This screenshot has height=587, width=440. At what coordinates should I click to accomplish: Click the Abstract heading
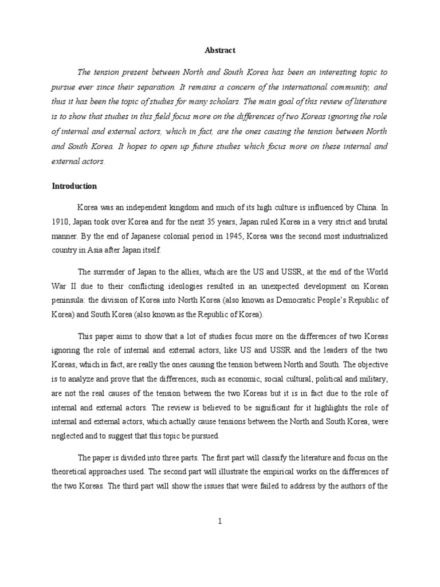(x=220, y=50)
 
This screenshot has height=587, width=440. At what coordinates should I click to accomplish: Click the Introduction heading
(x=74, y=186)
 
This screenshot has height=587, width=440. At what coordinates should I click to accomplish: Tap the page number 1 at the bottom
(x=220, y=521)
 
